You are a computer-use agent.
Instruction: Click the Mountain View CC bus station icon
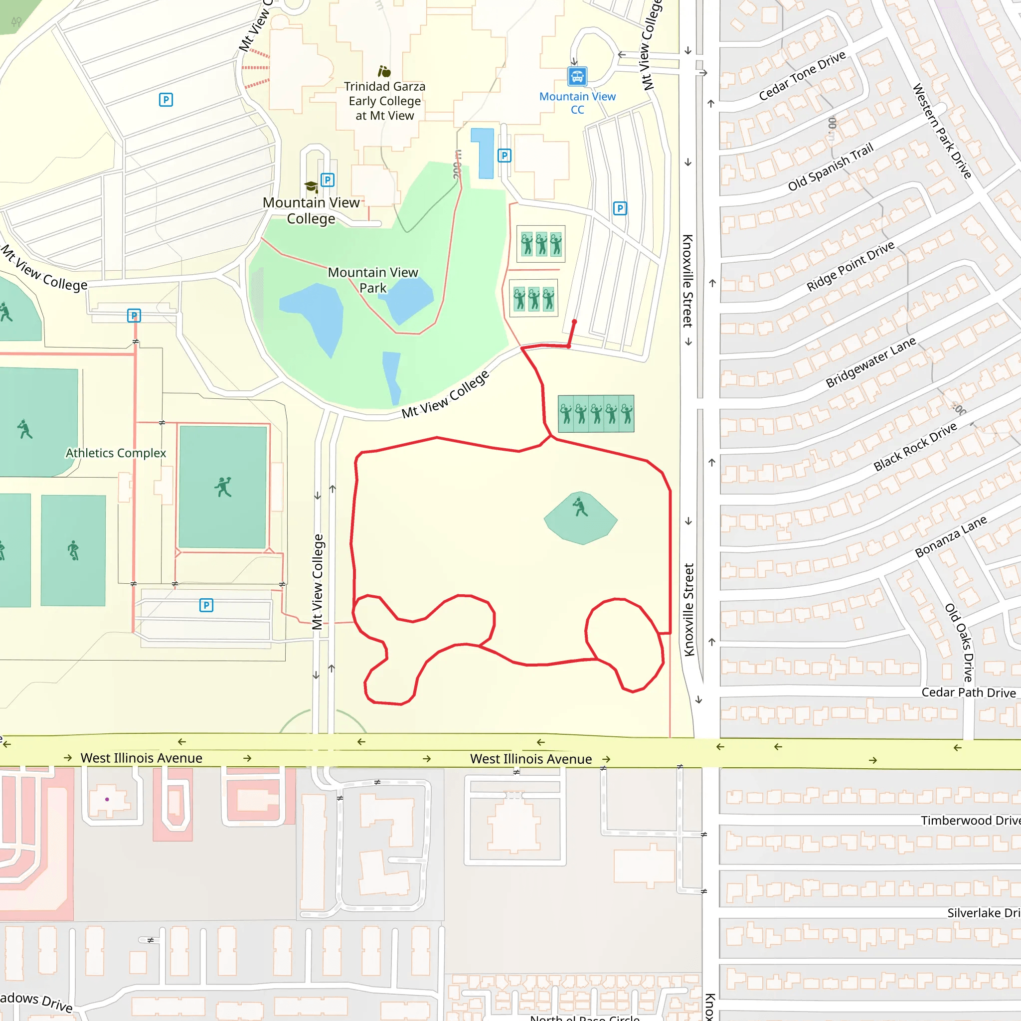577,76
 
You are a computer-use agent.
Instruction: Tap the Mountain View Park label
372,280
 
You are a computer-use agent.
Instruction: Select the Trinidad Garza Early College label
384,100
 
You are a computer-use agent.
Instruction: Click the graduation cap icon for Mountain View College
311,186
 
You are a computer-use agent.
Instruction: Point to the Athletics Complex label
116,453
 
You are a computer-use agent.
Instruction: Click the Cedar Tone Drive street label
802,76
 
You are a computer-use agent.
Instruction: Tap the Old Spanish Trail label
830,167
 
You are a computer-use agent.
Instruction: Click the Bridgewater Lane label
870,362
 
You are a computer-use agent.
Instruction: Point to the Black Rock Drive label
915,446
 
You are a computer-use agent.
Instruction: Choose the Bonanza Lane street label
951,536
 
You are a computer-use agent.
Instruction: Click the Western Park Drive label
942,131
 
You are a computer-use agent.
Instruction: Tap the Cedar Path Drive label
968,692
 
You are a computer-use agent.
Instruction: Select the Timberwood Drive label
970,820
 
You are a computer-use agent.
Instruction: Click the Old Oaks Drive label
959,642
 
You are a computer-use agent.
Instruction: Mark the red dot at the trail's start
574,322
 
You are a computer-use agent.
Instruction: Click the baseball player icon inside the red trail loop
580,507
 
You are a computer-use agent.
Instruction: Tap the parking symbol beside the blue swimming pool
504,156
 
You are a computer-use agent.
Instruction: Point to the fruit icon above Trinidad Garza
384,71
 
